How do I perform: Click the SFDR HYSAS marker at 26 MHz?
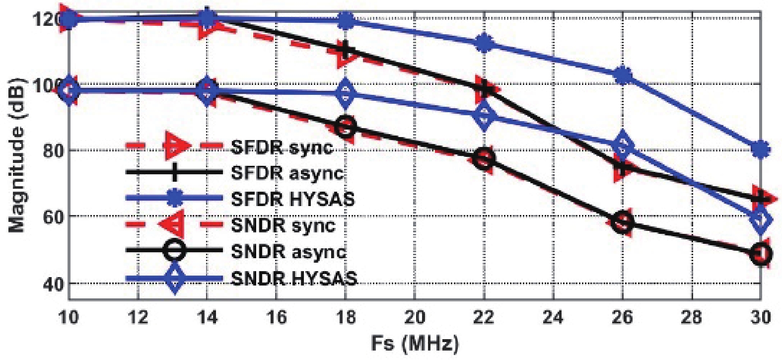click(623, 76)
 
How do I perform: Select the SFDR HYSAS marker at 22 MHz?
click(484, 43)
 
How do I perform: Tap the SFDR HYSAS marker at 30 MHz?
click(761, 148)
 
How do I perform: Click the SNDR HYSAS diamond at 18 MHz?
click(346, 93)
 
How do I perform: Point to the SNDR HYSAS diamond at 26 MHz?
click(623, 145)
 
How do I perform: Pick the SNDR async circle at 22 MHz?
click(484, 159)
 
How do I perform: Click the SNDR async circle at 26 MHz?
click(623, 221)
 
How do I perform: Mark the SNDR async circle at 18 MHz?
click(346, 127)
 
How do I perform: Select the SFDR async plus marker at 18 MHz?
click(346, 50)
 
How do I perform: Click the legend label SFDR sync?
click(282, 147)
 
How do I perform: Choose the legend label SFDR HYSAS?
click(293, 199)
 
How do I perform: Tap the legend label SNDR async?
click(288, 251)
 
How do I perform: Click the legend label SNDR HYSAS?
click(294, 278)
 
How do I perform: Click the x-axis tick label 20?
click(415, 316)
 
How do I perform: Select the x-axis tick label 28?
click(692, 316)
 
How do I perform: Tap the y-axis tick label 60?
click(53, 217)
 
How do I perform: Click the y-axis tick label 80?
click(53, 150)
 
